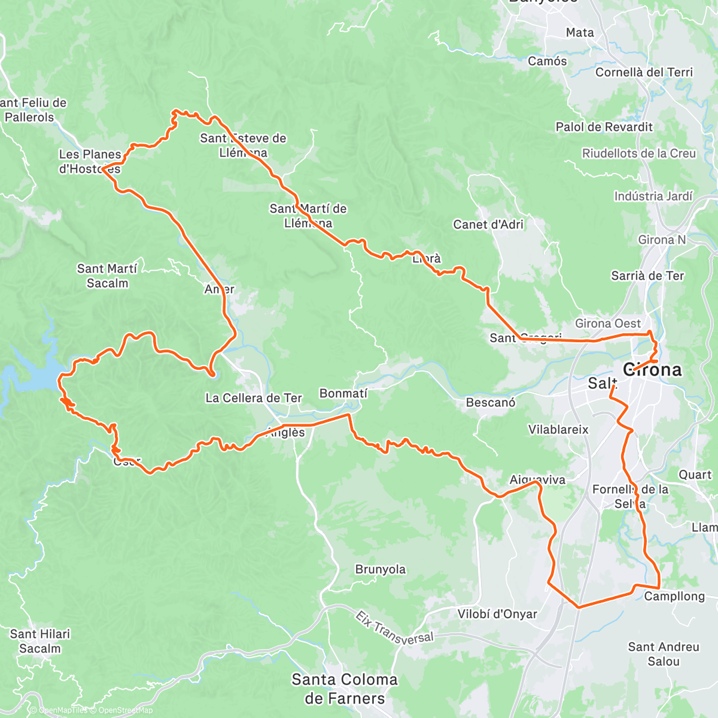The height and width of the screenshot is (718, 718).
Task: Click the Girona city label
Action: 652,370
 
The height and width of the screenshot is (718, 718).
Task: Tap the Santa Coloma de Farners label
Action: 344,689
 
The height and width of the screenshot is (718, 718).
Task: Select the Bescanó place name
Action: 491,403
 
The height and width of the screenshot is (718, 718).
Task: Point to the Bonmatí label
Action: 343,393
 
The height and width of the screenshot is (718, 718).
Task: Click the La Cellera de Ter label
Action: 254,398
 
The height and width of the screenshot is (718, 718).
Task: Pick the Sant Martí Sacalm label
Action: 107,276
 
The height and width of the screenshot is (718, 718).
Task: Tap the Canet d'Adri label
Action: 488,224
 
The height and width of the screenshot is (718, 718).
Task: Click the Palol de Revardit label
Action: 604,127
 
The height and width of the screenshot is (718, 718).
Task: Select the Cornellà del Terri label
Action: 644,72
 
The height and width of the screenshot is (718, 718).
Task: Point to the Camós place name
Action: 547,61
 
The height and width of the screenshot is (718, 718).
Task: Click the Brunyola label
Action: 381,569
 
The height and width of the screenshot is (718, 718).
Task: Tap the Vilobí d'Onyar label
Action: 497,614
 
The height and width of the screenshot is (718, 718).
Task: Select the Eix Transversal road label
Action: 394,628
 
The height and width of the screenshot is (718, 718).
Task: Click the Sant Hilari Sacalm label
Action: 40,641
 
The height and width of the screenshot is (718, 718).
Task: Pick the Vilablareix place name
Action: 558,430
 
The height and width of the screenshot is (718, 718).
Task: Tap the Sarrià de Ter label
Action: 647,276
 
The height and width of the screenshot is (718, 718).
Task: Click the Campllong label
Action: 674,597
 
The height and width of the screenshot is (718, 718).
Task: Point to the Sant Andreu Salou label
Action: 664,654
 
